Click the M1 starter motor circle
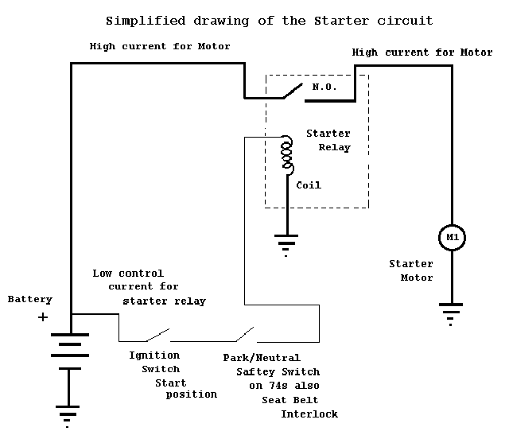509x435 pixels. (x=452, y=237)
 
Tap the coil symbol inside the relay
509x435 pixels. (x=286, y=157)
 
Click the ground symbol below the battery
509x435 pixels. (x=69, y=415)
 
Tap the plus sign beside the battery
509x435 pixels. (x=43, y=317)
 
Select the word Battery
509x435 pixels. (x=29, y=300)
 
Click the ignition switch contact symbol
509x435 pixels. (x=157, y=332)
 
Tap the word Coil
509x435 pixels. (x=309, y=185)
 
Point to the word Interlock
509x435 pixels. (x=309, y=414)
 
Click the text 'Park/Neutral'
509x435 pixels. (x=262, y=358)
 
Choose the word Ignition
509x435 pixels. (x=154, y=355)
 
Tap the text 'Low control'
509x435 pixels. (x=128, y=273)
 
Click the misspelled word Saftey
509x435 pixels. (x=255, y=371)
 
